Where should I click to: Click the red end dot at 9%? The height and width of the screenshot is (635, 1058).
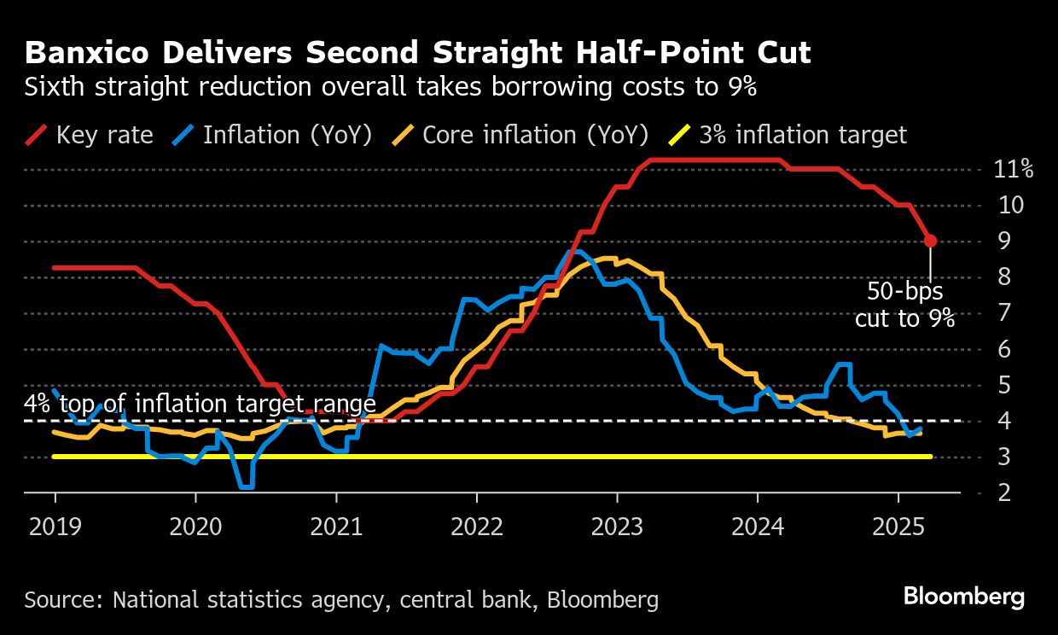tap(930, 242)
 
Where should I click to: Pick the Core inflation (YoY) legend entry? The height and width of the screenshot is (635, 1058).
tap(520, 135)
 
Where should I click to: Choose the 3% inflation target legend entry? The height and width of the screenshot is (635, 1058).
tap(789, 135)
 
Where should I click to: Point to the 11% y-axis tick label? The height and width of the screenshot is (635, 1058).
tap(1014, 169)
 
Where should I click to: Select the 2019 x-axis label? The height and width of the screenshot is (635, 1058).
tap(55, 527)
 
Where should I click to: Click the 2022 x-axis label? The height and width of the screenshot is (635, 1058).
tap(476, 527)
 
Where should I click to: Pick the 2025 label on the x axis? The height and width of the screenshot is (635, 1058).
tap(898, 527)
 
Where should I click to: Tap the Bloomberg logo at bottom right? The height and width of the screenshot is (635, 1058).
tap(964, 597)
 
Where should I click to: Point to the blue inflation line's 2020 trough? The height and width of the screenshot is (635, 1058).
tap(246, 486)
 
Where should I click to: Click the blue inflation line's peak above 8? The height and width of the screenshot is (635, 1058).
tap(577, 252)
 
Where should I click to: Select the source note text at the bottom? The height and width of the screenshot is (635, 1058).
tap(341, 599)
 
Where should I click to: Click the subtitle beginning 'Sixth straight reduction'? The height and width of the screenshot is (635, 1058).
tap(391, 87)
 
